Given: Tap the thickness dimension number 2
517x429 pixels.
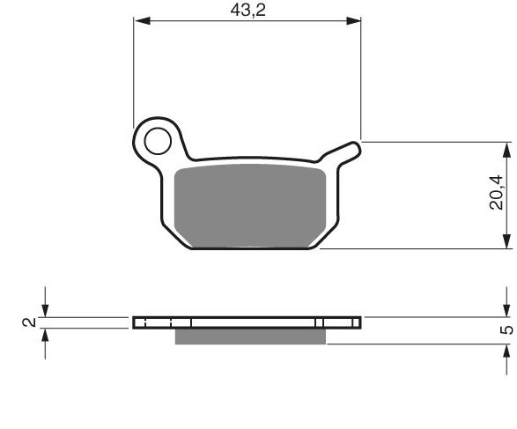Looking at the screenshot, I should coord(30,322).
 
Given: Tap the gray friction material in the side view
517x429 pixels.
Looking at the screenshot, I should coord(251,336).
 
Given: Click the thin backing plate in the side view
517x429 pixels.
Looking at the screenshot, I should coord(247,322).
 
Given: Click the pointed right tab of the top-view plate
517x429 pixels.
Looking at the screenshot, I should coord(355,143).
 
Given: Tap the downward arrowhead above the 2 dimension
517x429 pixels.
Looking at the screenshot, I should coord(44,309).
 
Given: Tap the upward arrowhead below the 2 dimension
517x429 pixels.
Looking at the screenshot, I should coord(44,336).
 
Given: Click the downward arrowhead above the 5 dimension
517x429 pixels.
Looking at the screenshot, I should coord(506,309).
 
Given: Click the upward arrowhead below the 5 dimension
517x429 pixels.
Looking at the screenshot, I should coord(506,351).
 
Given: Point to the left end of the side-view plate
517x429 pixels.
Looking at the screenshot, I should coord(136,322).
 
